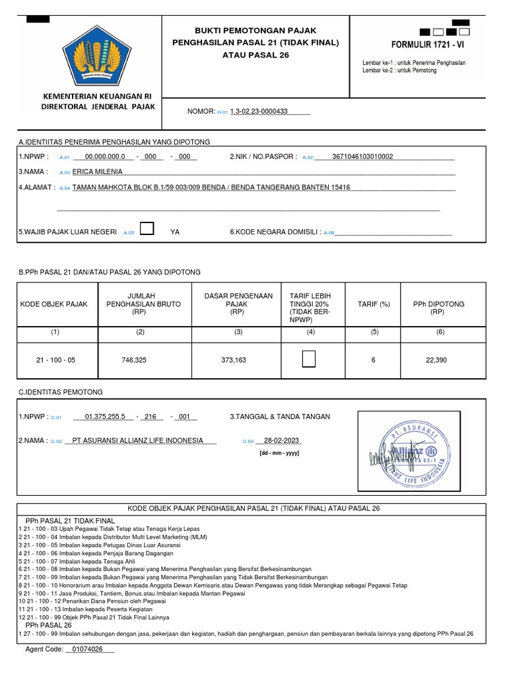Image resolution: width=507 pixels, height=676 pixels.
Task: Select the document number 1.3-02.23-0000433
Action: pyautogui.click(x=259, y=112)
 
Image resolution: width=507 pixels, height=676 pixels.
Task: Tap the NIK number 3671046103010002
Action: pyautogui.click(x=362, y=156)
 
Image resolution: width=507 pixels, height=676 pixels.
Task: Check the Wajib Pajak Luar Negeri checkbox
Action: pyautogui.click(x=148, y=229)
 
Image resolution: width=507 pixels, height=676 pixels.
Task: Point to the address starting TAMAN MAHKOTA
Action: pyautogui.click(x=211, y=187)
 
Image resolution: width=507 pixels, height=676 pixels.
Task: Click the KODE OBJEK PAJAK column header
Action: pyautogui.click(x=54, y=304)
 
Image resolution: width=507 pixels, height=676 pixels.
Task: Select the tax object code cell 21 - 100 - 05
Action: pyautogui.click(x=55, y=360)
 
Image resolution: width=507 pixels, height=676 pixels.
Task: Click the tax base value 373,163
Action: pyautogui.click(x=234, y=360)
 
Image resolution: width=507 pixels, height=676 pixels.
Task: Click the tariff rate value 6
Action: pyautogui.click(x=374, y=360)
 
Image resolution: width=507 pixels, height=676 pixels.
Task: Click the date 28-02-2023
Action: pyautogui.click(x=281, y=441)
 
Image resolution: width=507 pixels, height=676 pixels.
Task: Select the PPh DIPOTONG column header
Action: pyautogui.click(x=438, y=308)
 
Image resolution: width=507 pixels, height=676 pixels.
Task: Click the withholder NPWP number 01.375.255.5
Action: pyautogui.click(x=105, y=417)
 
